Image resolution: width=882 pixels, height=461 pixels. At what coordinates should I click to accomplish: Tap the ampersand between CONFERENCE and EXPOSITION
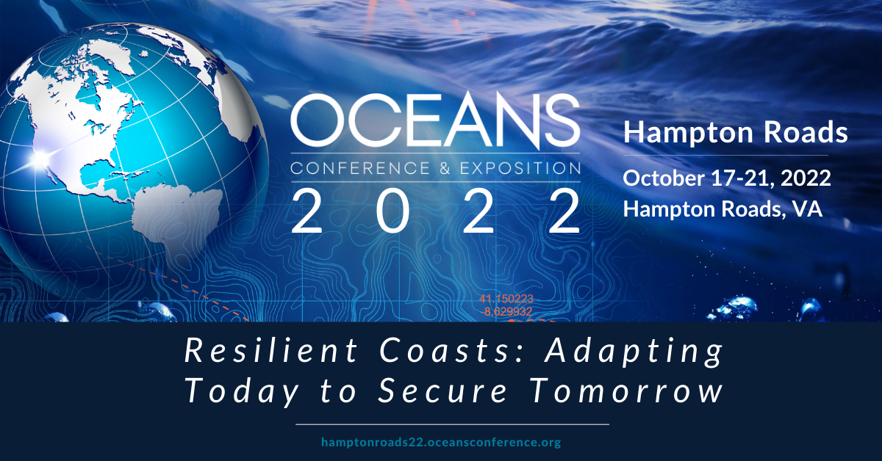(x=445, y=168)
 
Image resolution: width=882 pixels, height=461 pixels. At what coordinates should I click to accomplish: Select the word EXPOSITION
(x=520, y=168)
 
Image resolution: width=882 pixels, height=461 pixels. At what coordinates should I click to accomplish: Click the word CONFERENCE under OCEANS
(x=360, y=168)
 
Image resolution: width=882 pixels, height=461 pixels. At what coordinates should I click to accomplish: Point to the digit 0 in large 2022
(x=392, y=211)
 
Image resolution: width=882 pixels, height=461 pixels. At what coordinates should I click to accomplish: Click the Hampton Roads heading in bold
(x=736, y=132)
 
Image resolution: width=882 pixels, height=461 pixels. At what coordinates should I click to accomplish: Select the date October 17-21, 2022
(x=727, y=178)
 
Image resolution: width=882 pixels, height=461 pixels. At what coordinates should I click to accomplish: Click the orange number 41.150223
(x=506, y=299)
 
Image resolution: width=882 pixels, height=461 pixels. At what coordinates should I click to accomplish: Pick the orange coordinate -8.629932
(x=506, y=312)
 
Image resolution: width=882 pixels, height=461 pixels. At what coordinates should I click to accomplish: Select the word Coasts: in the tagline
(x=445, y=351)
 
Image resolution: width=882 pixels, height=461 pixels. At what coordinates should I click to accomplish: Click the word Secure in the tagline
(x=442, y=391)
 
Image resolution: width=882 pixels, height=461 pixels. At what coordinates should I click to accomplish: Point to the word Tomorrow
(x=626, y=391)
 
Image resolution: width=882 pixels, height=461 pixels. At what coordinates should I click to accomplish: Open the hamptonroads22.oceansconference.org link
(x=441, y=443)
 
